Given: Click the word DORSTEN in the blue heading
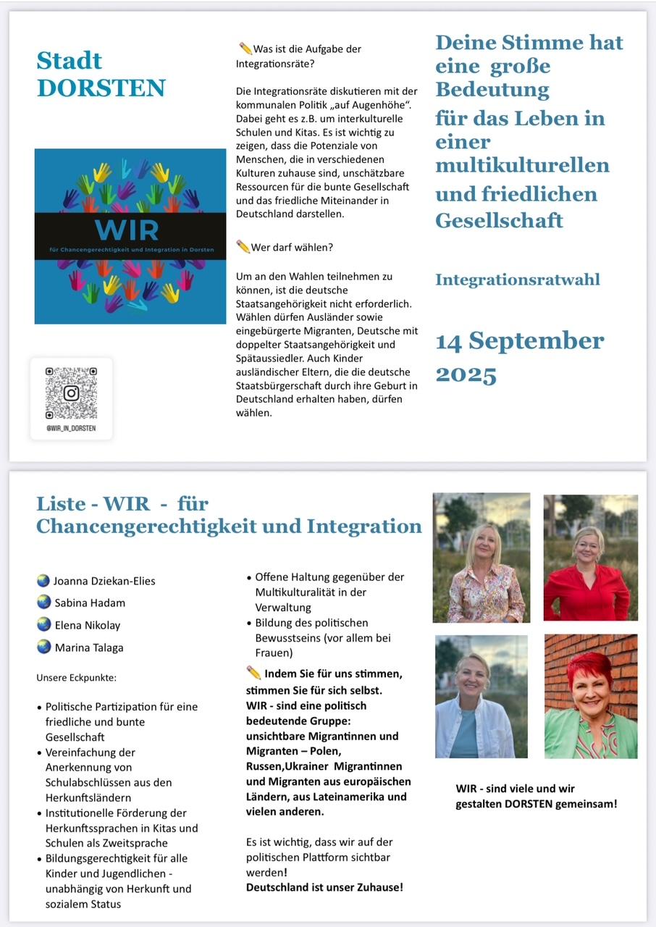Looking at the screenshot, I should pyautogui.click(x=101, y=88).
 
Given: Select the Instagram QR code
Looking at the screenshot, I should pyautogui.click(x=71, y=393).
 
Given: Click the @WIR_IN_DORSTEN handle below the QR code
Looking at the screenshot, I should pyautogui.click(x=70, y=429).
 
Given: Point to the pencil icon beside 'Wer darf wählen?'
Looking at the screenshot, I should pyautogui.click(x=243, y=247).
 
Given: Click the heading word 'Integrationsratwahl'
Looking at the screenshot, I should pyautogui.click(x=517, y=280).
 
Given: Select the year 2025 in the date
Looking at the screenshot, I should pyautogui.click(x=466, y=374).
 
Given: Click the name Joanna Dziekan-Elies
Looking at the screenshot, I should pyautogui.click(x=104, y=581).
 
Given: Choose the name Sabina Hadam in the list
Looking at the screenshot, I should pyautogui.click(x=90, y=603).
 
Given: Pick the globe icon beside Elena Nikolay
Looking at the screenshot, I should pyautogui.click(x=43, y=624).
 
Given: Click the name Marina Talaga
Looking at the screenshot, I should pyautogui.click(x=89, y=647).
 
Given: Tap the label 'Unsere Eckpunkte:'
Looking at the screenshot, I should pyautogui.click(x=77, y=678).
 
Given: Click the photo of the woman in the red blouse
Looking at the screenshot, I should pyautogui.click(x=590, y=557).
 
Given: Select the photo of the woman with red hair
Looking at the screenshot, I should pyautogui.click(x=590, y=696).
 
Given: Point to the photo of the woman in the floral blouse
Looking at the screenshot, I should pyautogui.click(x=482, y=558).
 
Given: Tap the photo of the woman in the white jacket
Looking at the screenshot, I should pyautogui.click(x=481, y=696).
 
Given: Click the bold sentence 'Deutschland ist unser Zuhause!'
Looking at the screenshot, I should pyautogui.click(x=324, y=887).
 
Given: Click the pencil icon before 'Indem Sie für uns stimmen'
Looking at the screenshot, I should pyautogui.click(x=253, y=673).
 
